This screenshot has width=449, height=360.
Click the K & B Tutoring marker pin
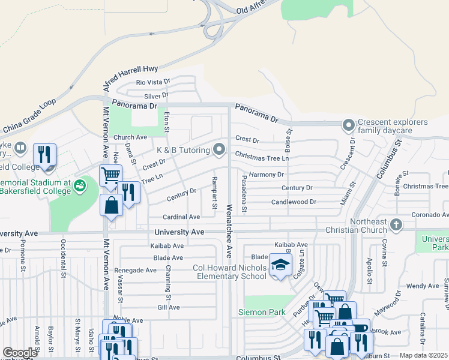220,149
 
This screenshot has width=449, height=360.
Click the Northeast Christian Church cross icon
395,225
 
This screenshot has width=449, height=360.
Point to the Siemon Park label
261,312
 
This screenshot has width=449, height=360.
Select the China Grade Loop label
29,115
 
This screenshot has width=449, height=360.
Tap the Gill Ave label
169,307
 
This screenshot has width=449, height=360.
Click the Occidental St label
63,258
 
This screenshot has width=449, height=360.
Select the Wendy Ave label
423,286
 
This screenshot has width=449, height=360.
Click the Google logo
20,353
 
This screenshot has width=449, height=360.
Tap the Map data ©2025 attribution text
424,355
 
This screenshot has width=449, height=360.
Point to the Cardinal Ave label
181,217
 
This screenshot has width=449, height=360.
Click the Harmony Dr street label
266,175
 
